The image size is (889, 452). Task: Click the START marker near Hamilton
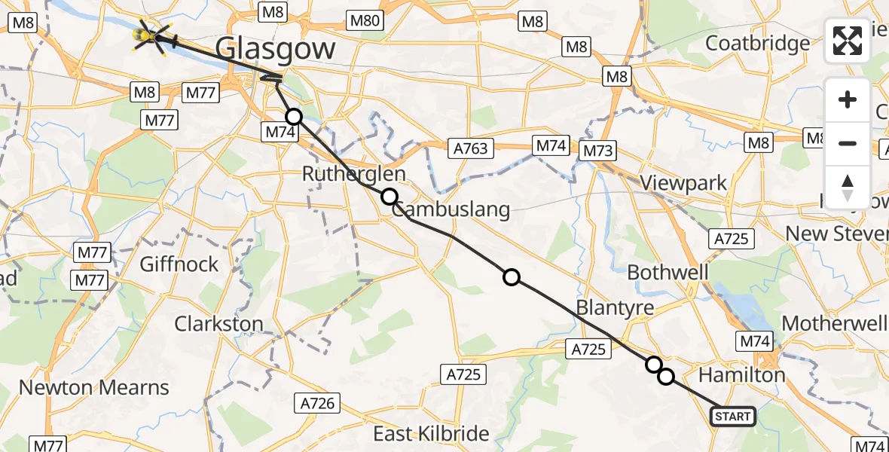[732, 416]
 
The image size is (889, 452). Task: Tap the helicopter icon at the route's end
[151, 35]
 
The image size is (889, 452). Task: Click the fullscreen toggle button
[848, 41]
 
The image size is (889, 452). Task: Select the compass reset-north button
[848, 187]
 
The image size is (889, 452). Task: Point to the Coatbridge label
[757, 43]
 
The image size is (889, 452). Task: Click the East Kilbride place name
[431, 434]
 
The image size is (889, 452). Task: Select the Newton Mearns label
[94, 388]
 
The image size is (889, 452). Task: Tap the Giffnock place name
[179, 264]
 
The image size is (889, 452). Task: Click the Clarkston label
[218, 324]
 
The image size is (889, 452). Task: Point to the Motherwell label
[834, 323]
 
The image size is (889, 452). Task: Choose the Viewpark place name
[683, 182]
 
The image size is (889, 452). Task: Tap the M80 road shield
[365, 21]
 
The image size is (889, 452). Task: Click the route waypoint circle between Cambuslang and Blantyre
[512, 278]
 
